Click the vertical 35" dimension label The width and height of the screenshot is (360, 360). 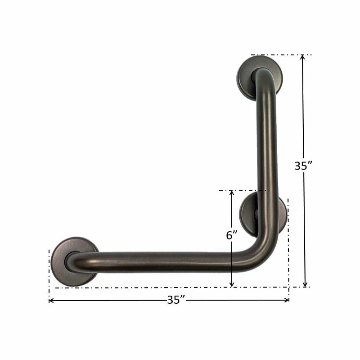click(x=303, y=166)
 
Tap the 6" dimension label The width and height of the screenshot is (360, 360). click(x=231, y=235)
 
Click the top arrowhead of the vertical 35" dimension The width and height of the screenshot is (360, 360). click(x=303, y=58)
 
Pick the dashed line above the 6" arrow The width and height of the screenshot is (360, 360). click(x=238, y=190)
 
